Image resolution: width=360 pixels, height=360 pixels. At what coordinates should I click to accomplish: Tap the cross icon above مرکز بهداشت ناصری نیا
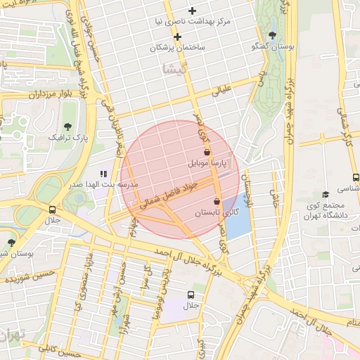coord(191,11)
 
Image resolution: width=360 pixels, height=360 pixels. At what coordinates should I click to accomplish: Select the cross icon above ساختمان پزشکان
coord(178,37)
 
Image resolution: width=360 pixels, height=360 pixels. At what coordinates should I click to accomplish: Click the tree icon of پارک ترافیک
coord(68,127)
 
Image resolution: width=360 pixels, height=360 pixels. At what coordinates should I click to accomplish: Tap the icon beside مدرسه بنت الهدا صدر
coord(103,173)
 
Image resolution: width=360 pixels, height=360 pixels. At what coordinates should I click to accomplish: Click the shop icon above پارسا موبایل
coord(207,151)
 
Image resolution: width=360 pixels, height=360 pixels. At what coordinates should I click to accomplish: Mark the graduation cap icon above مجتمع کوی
coord(325,195)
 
